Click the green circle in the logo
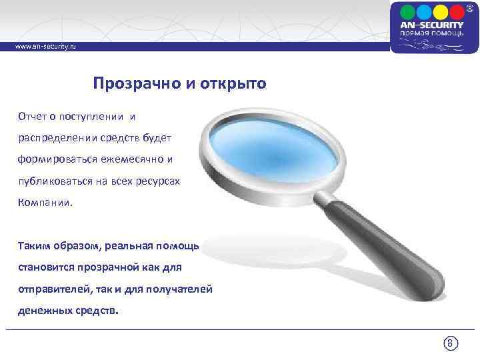pyautogui.click(x=425, y=12)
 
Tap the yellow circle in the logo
pyautogui.click(x=441, y=12)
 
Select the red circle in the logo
pyautogui.click(x=457, y=12)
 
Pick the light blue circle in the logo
pyautogui.click(x=409, y=12)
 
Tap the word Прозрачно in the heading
pyautogui.click(x=127, y=84)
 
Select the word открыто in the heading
pyautogui.click(x=233, y=84)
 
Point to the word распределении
pyautogui.click(x=55, y=138)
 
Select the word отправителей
pyautogui.click(x=51, y=289)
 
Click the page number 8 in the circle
pyautogui.click(x=450, y=344)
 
